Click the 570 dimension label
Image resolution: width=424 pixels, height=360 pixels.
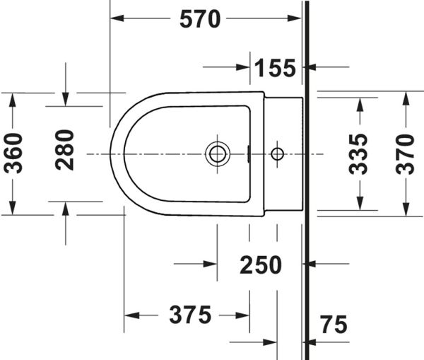pos(200,19)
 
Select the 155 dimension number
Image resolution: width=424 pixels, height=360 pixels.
pos(276,68)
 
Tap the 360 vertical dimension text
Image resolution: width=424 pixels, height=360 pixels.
pos(13,153)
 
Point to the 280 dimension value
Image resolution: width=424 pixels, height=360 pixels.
pos(64,150)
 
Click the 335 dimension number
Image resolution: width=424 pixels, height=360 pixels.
pos(358,154)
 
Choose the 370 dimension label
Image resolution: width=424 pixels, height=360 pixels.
pos(405,154)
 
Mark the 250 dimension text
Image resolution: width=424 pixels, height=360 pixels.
pos(261,265)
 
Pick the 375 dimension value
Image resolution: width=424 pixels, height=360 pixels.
pos(190,315)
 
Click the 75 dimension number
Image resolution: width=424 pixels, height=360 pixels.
pos(334,324)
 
